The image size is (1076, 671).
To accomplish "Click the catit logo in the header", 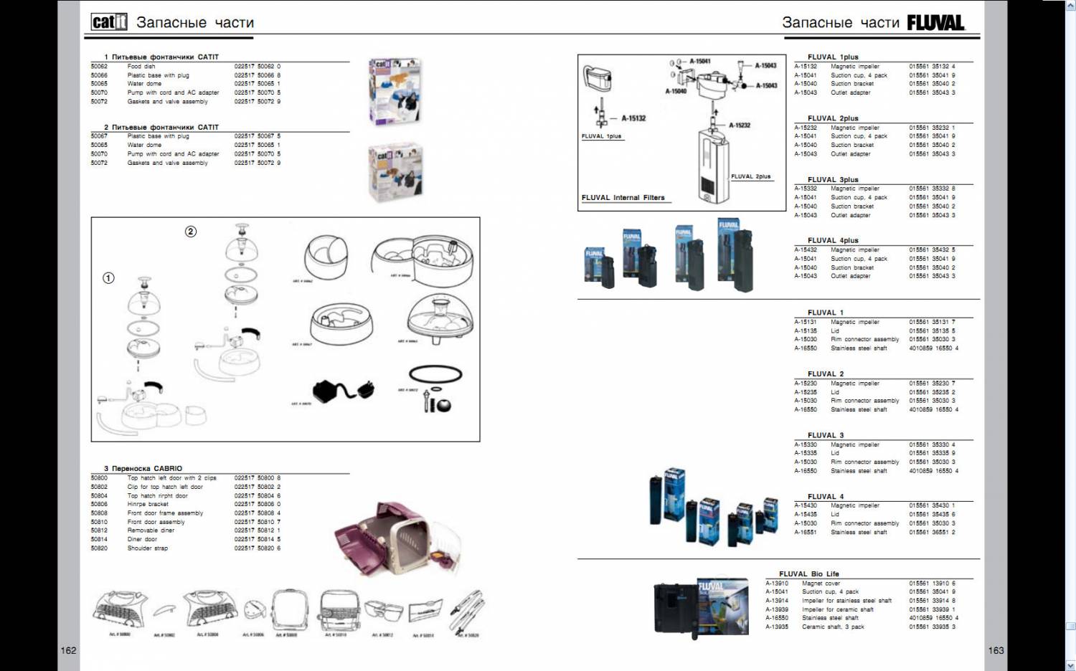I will (x=109, y=22).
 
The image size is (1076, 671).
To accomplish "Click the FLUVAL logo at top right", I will (x=936, y=23).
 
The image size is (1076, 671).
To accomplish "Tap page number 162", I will (x=68, y=650).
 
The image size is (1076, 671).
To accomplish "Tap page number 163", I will (x=996, y=650).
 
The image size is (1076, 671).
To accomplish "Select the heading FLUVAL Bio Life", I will (x=808, y=574).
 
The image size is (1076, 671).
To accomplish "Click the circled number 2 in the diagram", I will (x=191, y=232).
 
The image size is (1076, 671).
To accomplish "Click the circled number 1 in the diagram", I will (x=108, y=278).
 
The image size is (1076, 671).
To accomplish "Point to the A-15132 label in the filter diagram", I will (x=633, y=118).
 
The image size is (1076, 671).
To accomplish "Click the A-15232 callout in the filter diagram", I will (x=740, y=125).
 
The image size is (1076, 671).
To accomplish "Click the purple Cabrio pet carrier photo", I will (x=388, y=538).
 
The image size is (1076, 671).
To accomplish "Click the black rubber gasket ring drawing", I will (x=435, y=373).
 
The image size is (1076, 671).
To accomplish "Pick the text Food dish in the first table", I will (x=141, y=66).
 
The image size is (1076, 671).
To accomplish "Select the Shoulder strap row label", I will (x=148, y=548).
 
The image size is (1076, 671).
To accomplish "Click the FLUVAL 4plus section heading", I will (x=833, y=240).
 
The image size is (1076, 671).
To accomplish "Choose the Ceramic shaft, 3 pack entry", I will (x=833, y=627).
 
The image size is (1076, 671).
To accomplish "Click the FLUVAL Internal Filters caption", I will (x=623, y=197).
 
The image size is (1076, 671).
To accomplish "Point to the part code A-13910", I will (x=777, y=584).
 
